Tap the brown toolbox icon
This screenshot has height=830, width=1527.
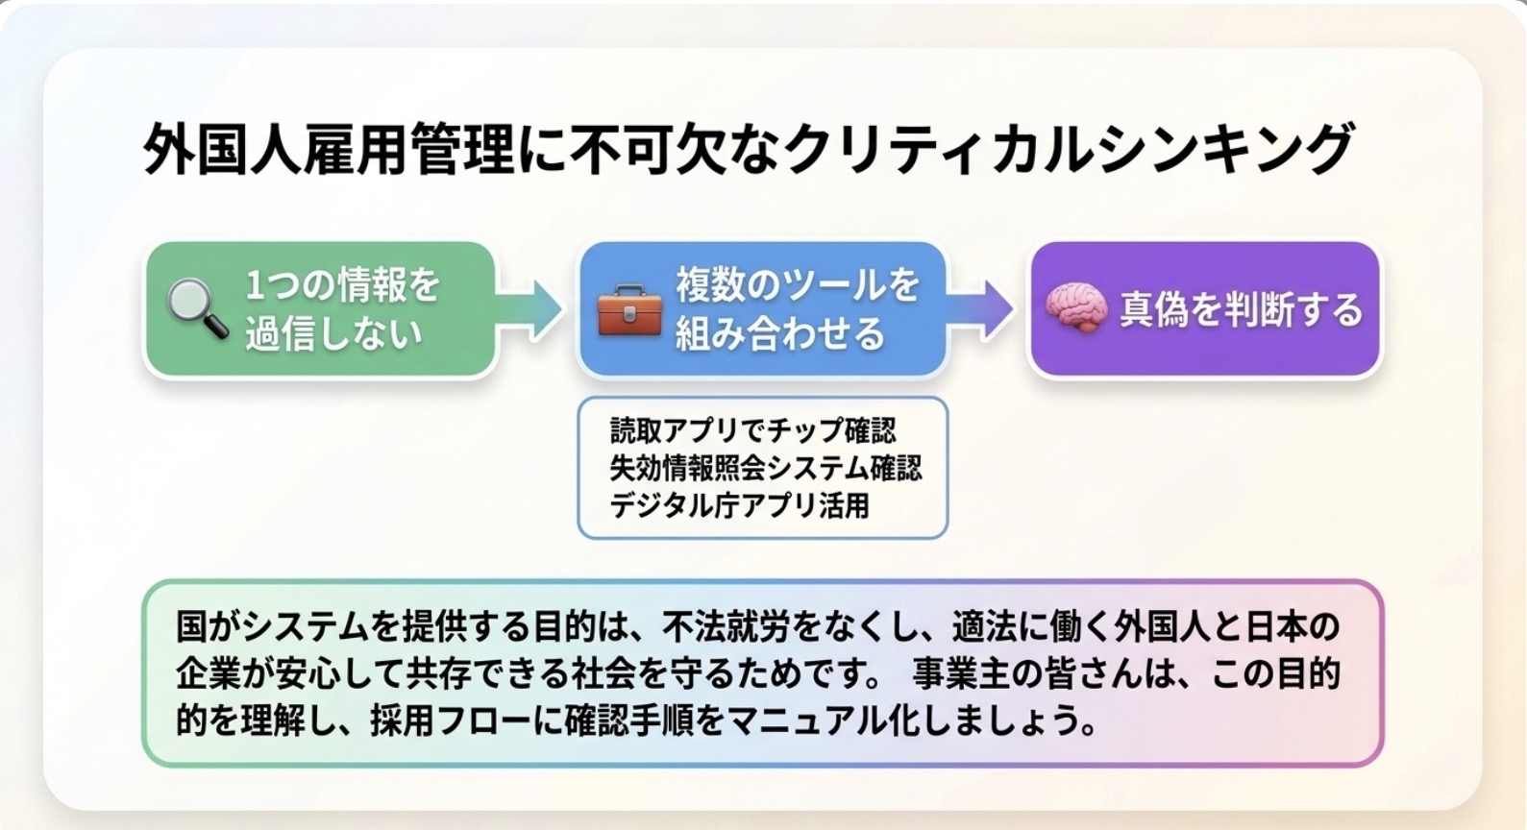[629, 310]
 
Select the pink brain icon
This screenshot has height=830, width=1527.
[1076, 308]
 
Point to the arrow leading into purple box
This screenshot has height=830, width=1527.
[979, 310]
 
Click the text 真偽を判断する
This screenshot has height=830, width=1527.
[1242, 309]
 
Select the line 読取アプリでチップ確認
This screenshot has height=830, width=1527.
[753, 430]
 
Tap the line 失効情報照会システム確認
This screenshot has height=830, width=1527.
[766, 468]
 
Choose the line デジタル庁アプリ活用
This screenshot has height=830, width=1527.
[740, 505]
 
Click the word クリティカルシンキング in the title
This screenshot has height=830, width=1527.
[1069, 149]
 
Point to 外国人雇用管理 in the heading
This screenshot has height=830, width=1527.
[329, 149]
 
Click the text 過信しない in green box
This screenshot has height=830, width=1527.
[334, 334]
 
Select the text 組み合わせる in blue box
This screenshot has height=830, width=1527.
[780, 334]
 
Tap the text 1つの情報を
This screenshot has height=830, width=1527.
[342, 285]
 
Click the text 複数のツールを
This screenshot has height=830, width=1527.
[798, 285]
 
